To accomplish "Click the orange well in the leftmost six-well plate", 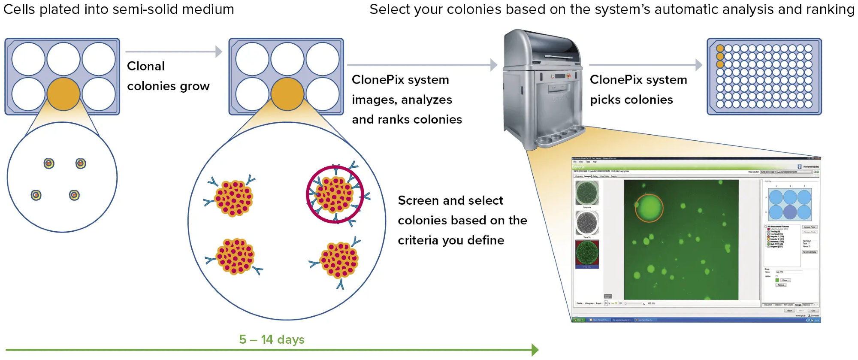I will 63,94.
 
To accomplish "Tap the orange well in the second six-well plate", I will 287,94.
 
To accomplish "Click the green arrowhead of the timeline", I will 535,350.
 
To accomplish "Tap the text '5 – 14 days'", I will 272,339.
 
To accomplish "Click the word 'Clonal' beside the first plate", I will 146,66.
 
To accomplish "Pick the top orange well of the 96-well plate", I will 720,48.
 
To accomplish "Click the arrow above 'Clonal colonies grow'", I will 174,52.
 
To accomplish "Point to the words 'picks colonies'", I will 631,100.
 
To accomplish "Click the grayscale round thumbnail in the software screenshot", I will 587,222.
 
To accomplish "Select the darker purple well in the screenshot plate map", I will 790,212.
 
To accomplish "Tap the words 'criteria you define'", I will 450,240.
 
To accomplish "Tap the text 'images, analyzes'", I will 402,100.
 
